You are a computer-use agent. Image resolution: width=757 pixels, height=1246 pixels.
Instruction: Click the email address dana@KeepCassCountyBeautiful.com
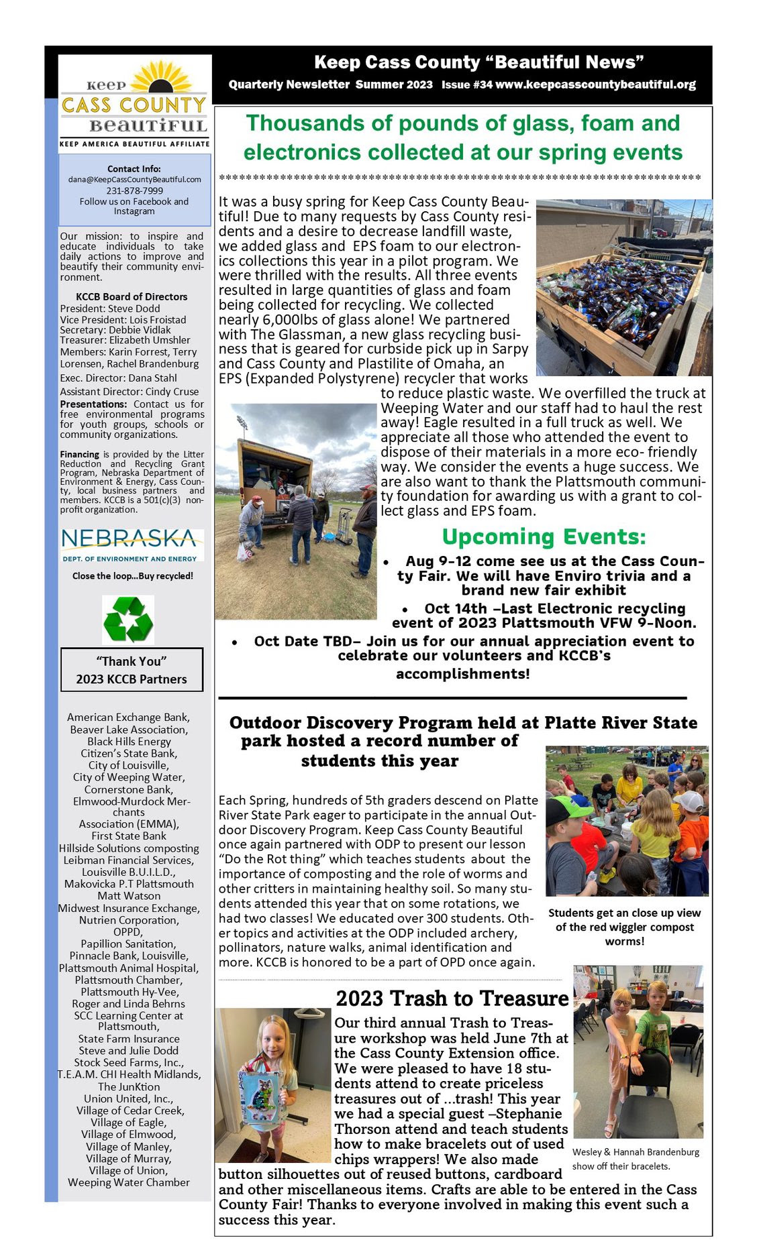click(134, 180)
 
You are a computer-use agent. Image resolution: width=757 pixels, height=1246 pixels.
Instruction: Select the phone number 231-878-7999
click(134, 190)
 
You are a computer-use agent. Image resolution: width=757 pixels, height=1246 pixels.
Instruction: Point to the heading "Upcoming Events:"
click(544, 537)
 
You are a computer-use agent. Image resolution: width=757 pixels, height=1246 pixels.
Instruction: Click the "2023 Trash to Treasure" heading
click(452, 999)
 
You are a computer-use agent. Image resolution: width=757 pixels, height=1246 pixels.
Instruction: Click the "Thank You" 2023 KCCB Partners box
click(132, 670)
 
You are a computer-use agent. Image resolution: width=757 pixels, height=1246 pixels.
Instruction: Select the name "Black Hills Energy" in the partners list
click(129, 741)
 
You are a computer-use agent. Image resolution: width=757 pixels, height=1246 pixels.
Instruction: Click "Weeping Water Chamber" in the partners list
click(129, 1182)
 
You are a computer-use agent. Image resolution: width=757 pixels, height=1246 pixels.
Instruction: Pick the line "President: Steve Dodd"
click(110, 308)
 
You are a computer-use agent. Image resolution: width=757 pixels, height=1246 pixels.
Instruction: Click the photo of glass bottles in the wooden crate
click(623, 287)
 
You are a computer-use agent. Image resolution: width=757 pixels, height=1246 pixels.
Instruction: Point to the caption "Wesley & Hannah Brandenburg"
click(636, 1152)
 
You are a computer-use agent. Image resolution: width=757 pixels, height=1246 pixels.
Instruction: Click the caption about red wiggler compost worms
click(624, 927)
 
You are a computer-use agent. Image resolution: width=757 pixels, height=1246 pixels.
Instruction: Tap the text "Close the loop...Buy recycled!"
click(133, 576)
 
